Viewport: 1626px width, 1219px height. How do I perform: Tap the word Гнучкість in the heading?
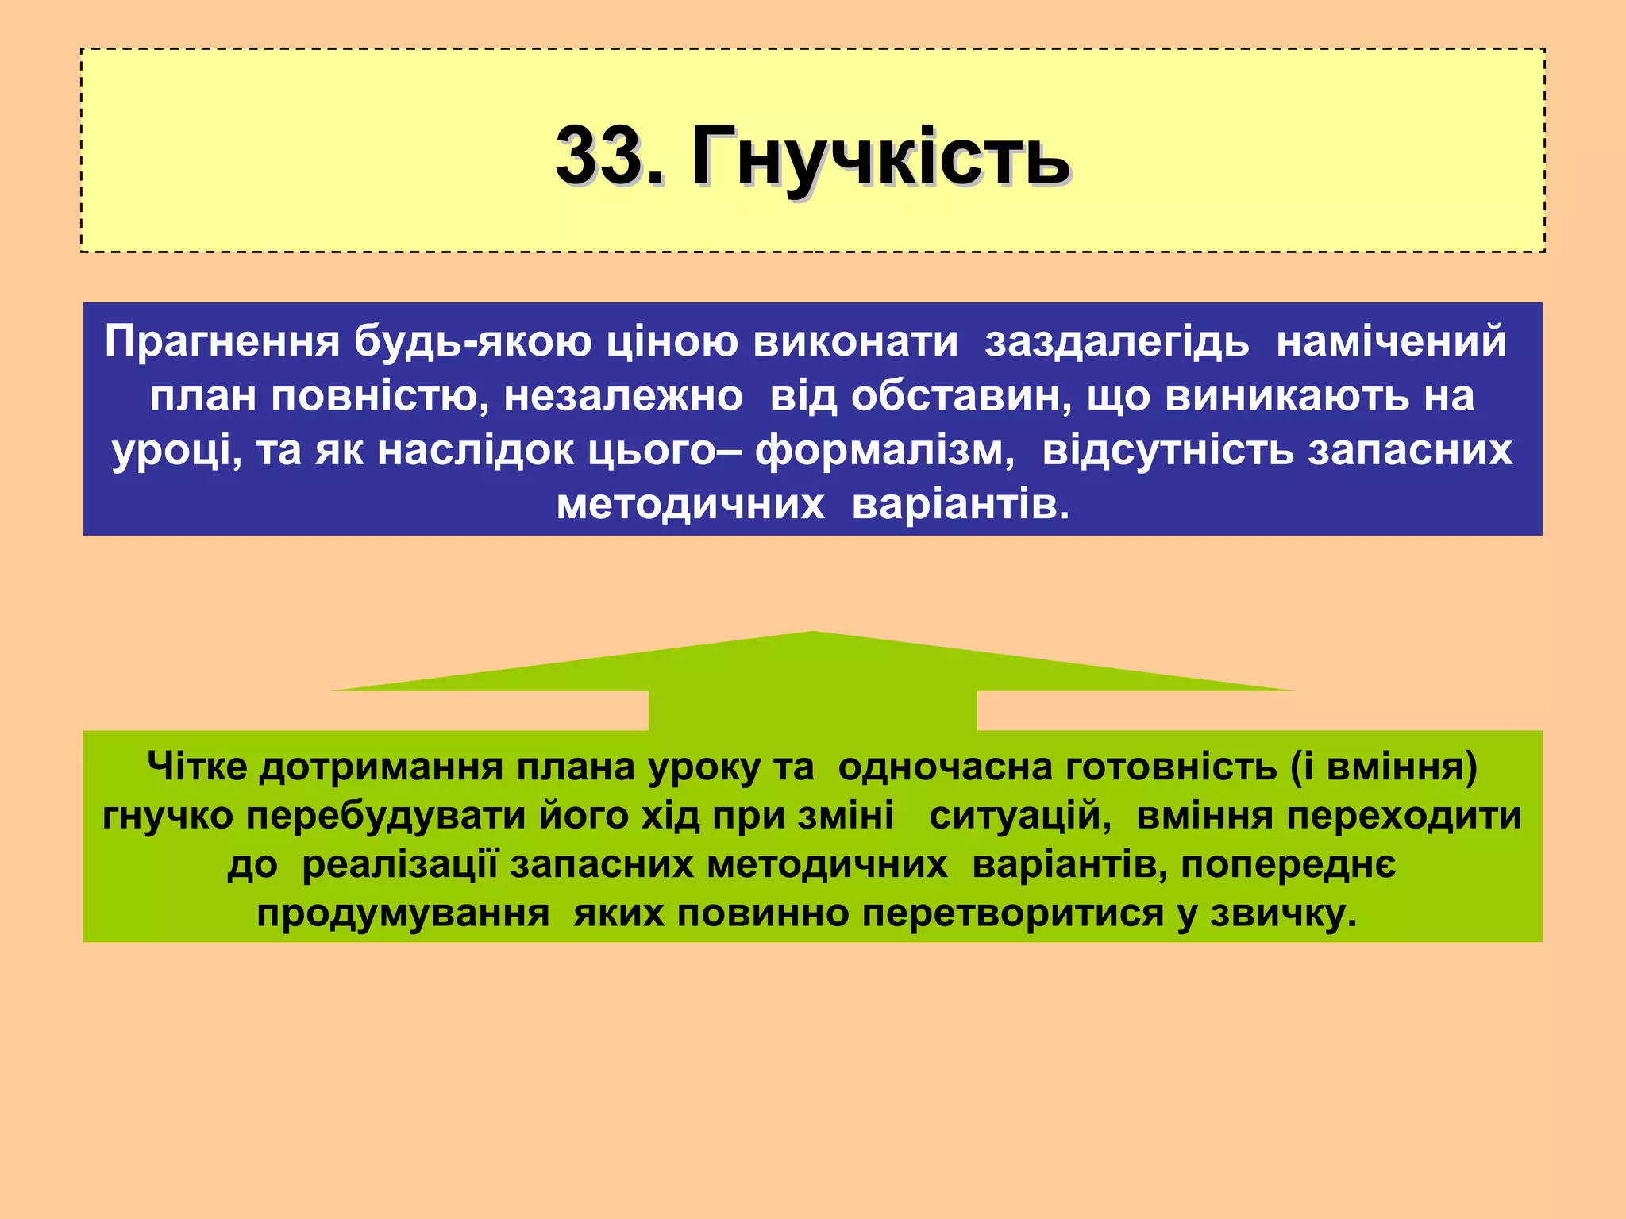click(x=880, y=157)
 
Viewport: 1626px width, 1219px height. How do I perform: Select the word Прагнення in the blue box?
click(x=222, y=342)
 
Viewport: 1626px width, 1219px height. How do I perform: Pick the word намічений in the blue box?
click(x=1391, y=342)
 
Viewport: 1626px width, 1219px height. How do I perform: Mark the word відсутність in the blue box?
click(x=1170, y=451)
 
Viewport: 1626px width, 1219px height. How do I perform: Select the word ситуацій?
click(x=1021, y=817)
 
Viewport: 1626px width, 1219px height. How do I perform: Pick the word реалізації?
click(x=400, y=865)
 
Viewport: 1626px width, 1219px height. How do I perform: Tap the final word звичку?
click(x=1284, y=914)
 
